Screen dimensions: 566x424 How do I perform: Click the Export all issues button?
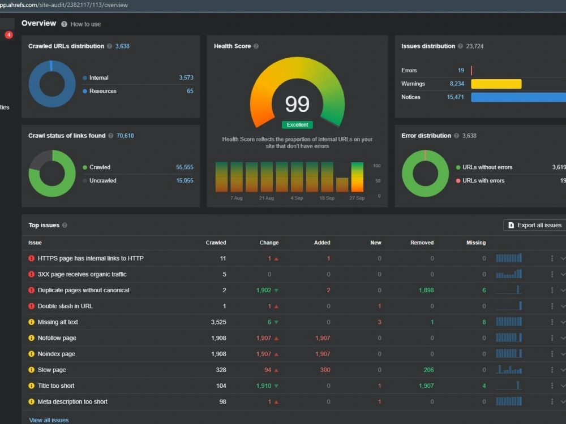535,225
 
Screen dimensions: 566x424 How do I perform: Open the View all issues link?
49,420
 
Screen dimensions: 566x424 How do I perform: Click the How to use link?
85,24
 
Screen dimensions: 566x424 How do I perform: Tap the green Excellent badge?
298,125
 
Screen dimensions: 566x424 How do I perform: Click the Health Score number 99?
298,104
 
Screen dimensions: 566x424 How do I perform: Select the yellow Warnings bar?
496,84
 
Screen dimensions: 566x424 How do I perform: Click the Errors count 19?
461,70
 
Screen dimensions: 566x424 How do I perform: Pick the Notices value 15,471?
455,97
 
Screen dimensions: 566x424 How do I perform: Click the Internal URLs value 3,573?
186,77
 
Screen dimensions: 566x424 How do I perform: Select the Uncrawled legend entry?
100,181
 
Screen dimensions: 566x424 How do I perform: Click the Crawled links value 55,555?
185,167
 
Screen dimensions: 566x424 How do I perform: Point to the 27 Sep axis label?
357,198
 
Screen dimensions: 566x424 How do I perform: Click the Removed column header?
422,243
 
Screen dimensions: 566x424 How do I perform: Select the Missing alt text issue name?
58,322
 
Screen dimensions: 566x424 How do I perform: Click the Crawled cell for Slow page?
221,370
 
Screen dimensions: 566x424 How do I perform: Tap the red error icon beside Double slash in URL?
31,306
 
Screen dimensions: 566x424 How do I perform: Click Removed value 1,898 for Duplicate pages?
426,290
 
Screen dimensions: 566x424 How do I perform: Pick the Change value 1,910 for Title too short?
264,386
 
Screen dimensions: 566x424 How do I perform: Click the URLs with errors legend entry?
480,181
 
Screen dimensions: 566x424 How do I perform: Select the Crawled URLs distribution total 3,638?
122,46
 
